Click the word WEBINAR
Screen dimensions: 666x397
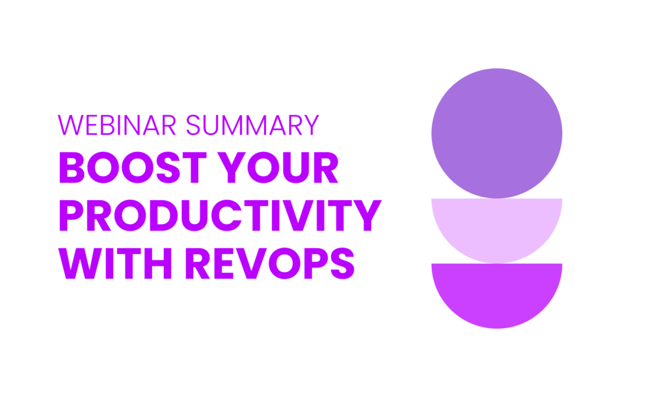pos(117,125)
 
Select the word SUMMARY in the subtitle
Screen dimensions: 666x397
pos(252,125)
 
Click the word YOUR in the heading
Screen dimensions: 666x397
pos(278,167)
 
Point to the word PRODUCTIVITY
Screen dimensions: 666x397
pos(220,215)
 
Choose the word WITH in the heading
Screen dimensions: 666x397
pos(115,263)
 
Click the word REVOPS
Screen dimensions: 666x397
pos(269,263)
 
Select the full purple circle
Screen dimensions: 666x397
pos(496,133)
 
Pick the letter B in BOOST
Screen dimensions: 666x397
pos(72,167)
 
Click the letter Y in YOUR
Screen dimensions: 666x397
pos(232,167)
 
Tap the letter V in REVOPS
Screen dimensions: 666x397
pos(252,263)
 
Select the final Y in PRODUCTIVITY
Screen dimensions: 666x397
pos(368,215)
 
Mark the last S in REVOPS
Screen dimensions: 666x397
pos(342,263)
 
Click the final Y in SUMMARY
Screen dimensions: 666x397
pos(310,125)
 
